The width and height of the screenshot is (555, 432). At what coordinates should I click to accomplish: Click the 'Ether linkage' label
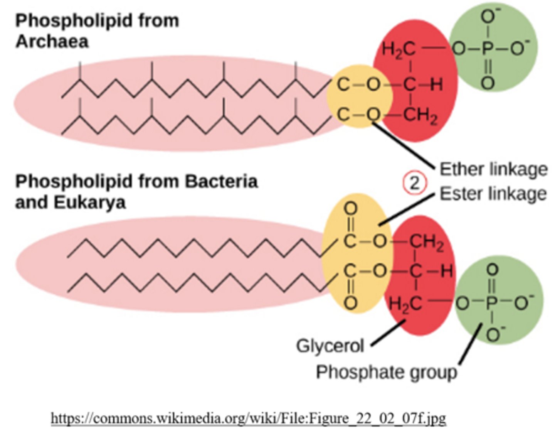point(493,169)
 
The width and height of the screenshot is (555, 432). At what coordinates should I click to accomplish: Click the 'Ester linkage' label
point(493,194)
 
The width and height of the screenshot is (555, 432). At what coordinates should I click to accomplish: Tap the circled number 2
point(414,183)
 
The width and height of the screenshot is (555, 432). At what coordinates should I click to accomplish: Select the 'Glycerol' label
point(330,346)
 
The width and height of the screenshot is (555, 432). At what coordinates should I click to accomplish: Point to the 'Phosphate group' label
point(386,372)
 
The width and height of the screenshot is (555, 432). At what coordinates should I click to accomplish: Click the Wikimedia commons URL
point(249,418)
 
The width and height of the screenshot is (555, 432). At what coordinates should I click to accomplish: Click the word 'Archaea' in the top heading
point(52,41)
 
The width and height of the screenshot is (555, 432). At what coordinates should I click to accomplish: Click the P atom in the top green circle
point(488,49)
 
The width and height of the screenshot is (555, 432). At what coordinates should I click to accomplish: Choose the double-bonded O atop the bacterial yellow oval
point(350,209)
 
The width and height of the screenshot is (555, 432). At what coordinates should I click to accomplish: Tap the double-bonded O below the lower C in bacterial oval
point(350,303)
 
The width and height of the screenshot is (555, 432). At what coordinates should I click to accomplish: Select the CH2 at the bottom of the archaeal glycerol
point(421,115)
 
